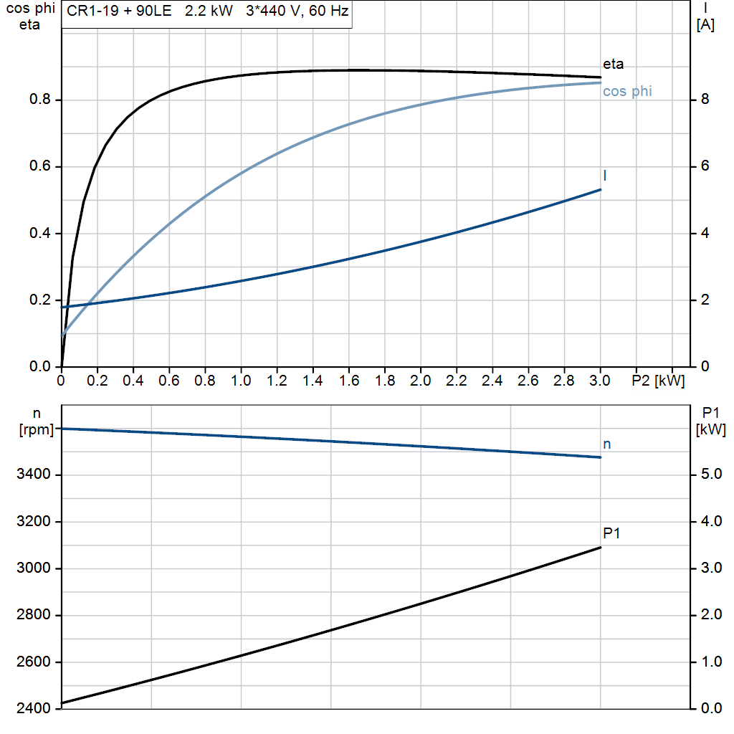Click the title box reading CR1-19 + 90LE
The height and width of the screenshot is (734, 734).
pyautogui.click(x=206, y=13)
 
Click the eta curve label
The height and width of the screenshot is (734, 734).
pyautogui.click(x=614, y=65)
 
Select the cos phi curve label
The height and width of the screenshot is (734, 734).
pyautogui.click(x=627, y=92)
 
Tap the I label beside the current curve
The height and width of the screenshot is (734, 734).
pyautogui.click(x=606, y=176)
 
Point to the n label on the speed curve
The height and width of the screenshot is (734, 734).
pyautogui.click(x=606, y=444)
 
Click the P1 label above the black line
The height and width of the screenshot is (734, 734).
pyautogui.click(x=611, y=533)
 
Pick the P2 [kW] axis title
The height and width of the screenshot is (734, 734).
pyautogui.click(x=658, y=380)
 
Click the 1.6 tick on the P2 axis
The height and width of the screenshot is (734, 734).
pyautogui.click(x=348, y=380)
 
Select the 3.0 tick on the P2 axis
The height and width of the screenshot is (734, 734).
pyautogui.click(x=600, y=380)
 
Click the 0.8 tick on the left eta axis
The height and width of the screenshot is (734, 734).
pyautogui.click(x=39, y=100)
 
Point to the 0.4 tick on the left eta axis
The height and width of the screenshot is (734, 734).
pyautogui.click(x=39, y=234)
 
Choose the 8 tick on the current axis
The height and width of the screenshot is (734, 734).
pyautogui.click(x=705, y=100)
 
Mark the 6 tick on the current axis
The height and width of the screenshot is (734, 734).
pyautogui.click(x=705, y=166)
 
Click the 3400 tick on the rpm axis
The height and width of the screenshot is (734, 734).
pyautogui.click(x=34, y=475)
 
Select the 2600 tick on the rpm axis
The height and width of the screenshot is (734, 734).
pyautogui.click(x=34, y=662)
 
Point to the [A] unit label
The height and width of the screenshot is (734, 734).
pyautogui.click(x=705, y=26)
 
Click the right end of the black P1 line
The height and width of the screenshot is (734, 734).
pyautogui.click(x=600, y=548)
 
